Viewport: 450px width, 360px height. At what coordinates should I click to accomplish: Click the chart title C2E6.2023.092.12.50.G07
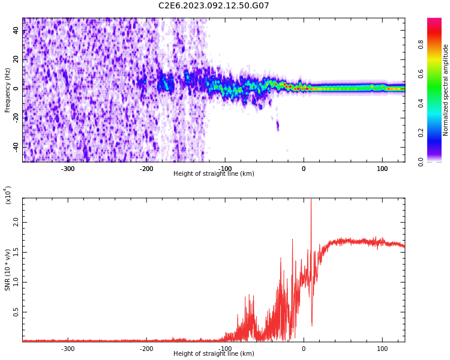click(214, 6)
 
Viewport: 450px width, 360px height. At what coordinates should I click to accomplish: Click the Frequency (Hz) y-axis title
click(8, 90)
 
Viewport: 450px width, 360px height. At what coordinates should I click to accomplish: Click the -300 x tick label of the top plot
click(68, 169)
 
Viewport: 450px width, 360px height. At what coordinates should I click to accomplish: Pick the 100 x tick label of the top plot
click(382, 169)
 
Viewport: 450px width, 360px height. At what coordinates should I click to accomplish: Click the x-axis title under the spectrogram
click(214, 174)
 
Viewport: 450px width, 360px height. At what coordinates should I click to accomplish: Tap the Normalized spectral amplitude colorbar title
click(446, 90)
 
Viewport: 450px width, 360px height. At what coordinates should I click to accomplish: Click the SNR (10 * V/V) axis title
click(8, 270)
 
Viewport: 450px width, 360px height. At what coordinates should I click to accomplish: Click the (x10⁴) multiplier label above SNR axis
click(8, 195)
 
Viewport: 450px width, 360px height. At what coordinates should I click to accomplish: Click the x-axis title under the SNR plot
click(214, 354)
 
